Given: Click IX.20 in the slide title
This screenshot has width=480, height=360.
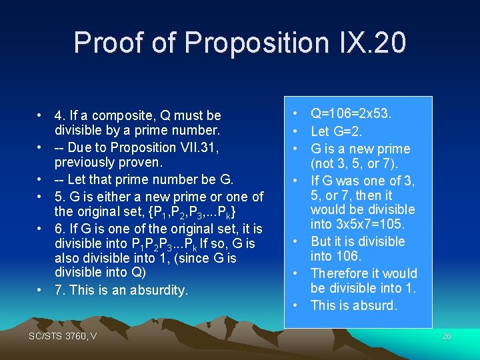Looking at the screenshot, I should coord(368,42).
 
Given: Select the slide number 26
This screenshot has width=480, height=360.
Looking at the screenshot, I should coord(447,337).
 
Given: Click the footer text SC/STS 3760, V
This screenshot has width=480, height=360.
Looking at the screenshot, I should coord(63,336).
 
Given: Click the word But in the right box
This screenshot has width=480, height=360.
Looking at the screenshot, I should coord(321,241).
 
